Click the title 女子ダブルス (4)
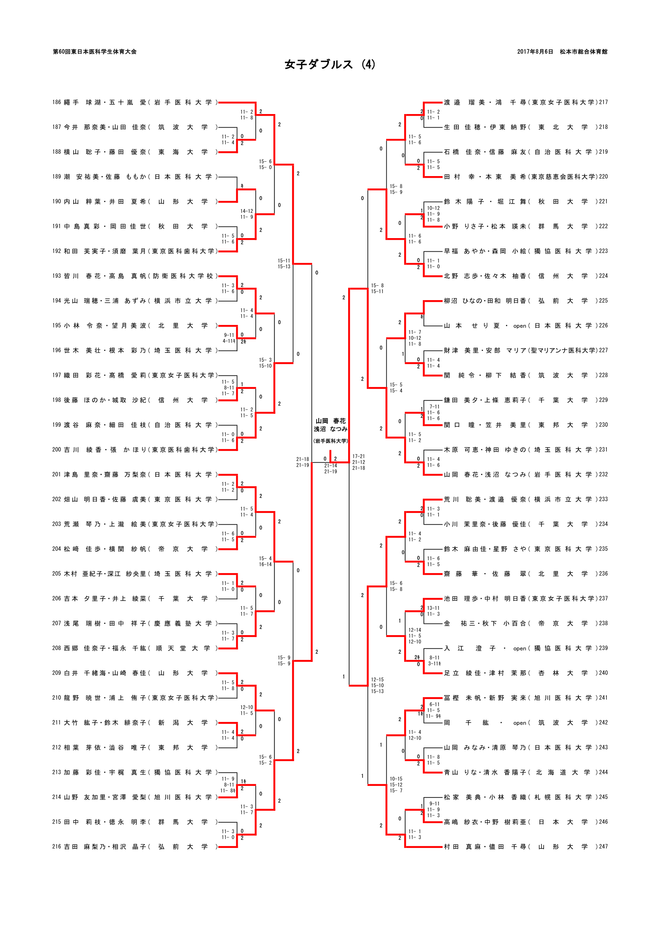point(330,64)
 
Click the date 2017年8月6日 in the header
point(535,52)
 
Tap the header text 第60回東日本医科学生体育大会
point(94,52)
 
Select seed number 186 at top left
point(57,102)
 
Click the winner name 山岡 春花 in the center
point(330,421)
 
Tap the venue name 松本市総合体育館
point(583,52)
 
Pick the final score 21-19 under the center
point(331,471)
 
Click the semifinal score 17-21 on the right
point(359,456)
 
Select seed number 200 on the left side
point(57,449)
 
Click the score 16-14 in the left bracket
point(265,564)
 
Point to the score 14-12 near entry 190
point(247,211)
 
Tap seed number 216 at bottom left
point(57,846)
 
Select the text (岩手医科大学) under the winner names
point(330,441)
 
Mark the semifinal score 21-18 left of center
point(303,459)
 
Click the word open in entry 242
point(520,723)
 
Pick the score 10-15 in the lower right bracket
point(396,779)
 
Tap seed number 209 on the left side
point(57,673)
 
